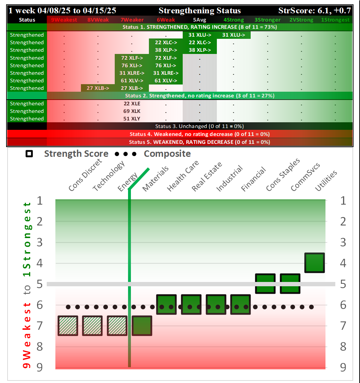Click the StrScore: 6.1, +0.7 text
315,11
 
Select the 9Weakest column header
64,20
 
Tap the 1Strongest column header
335,20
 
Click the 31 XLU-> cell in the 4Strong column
233,35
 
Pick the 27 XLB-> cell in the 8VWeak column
97,88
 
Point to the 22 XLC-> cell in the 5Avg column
200,42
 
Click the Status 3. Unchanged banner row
199,126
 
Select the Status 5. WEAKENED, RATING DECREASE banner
199,142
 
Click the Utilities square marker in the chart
315,263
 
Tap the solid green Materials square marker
142,325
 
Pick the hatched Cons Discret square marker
68,325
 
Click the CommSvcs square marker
290,283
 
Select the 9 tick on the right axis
343,367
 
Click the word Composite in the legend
167,154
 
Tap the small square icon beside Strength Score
29,154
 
